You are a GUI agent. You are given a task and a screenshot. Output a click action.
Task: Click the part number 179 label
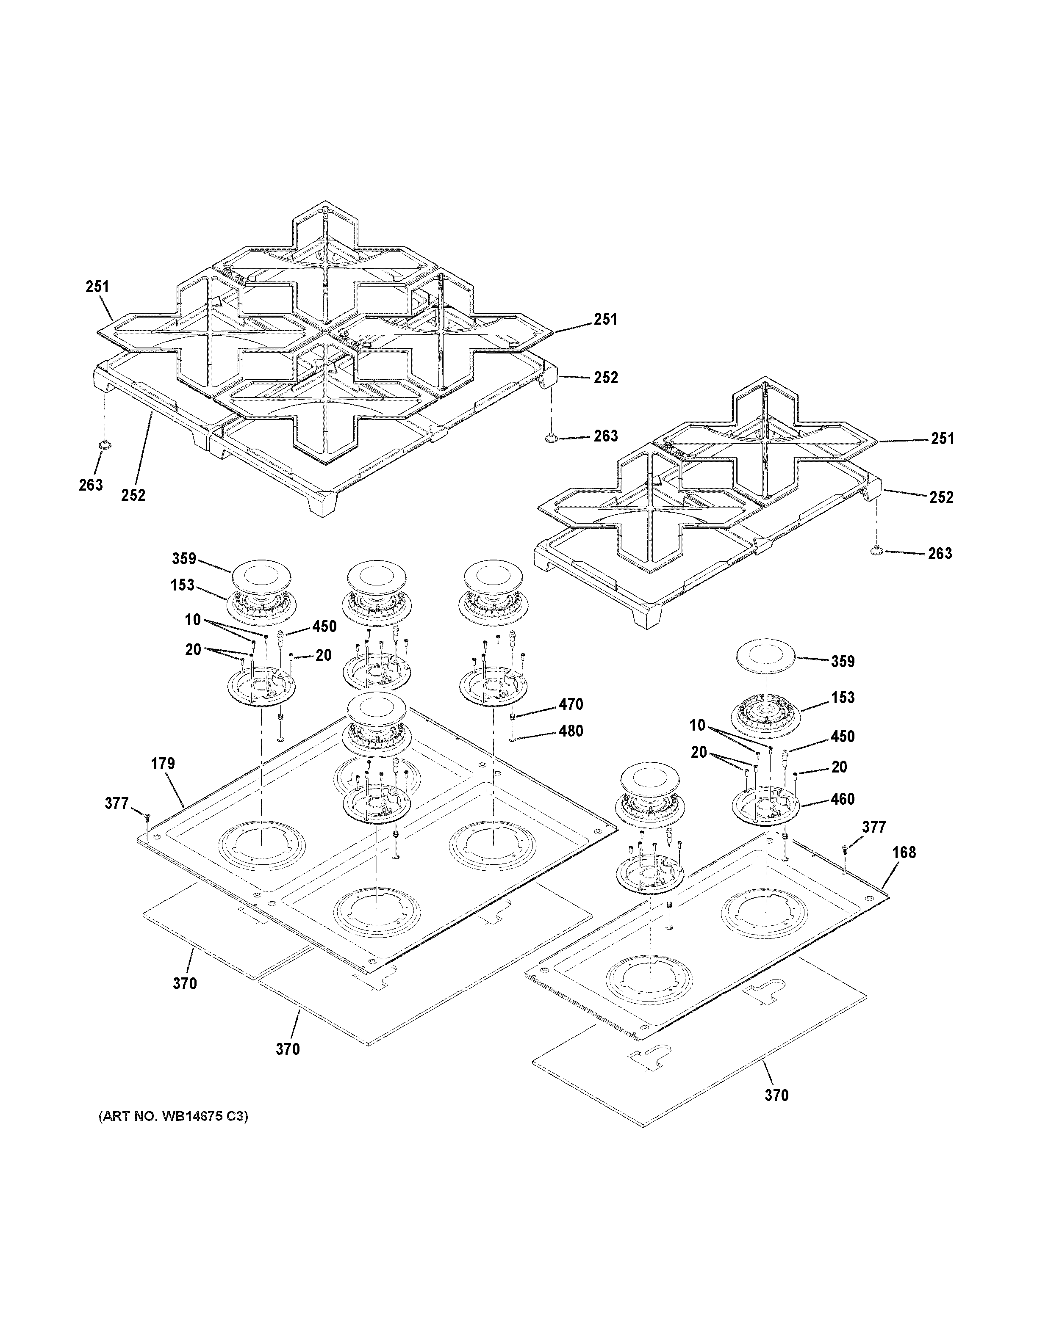pyautogui.click(x=163, y=763)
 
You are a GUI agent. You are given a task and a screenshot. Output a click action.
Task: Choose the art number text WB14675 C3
pyautogui.click(x=173, y=1116)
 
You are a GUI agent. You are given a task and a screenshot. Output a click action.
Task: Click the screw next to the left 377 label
pyautogui.click(x=147, y=817)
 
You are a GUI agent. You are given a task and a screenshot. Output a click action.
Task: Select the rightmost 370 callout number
pyautogui.click(x=776, y=1095)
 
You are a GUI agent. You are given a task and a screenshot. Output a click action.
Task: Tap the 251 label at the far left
pyautogui.click(x=97, y=287)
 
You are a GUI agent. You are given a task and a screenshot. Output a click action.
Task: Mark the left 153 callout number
pyautogui.click(x=183, y=585)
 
